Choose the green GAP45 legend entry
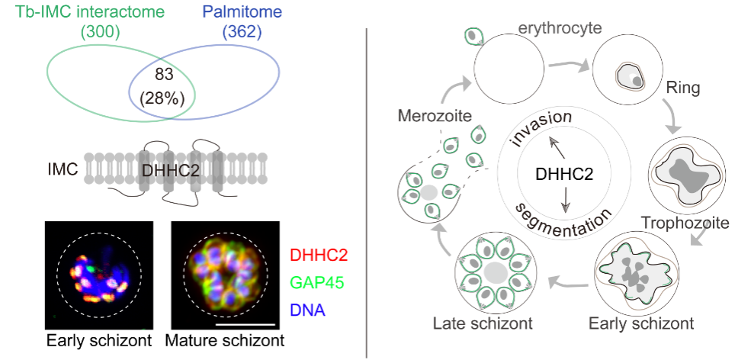(318, 283)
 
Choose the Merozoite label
(433, 117)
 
